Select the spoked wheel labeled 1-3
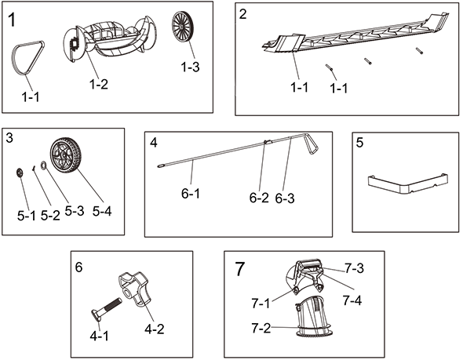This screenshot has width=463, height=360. coord(181,27)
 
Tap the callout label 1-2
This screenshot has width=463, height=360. coord(99,85)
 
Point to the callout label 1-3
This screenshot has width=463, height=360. coord(190,67)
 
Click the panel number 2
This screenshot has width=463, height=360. coord(242,14)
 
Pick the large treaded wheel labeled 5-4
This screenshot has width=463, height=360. coord(64,155)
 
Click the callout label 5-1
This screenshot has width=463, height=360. coord(26,216)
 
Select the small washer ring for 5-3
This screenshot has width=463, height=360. coord(43,165)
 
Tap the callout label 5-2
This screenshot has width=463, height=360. coord(50,216)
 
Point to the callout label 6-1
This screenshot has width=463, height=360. coord(191,194)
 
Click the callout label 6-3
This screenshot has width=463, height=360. coord(285,198)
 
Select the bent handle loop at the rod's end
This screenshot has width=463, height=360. coord(311,144)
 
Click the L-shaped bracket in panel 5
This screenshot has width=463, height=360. coord(408,184)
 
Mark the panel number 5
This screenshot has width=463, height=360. coord(359,143)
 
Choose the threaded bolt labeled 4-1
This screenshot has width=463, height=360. coord(106,309)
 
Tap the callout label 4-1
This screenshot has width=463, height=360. coord(99,336)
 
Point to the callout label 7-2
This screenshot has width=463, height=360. coord(261,328)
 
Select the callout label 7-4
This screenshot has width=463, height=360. coord(352,300)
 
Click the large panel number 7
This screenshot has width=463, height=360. coord(240,269)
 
